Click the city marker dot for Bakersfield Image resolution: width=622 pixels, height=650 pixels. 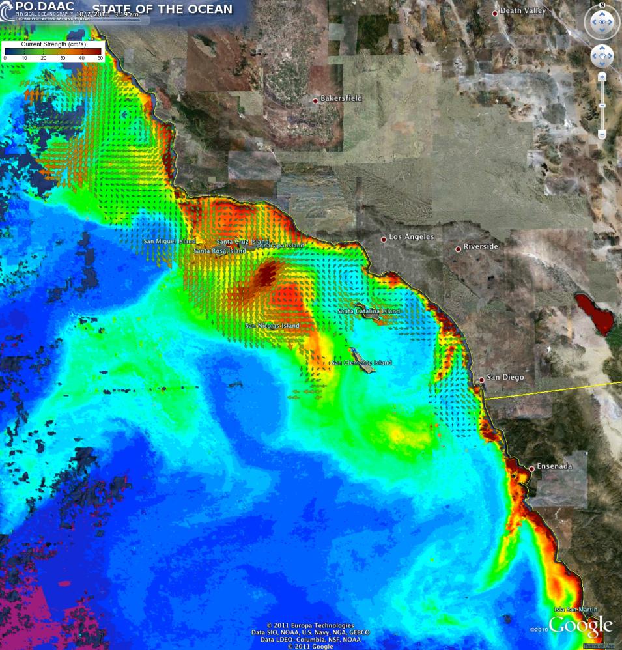tap(315, 100)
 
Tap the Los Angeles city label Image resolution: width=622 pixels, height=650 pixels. tap(411, 237)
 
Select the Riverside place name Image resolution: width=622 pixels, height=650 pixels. tap(481, 247)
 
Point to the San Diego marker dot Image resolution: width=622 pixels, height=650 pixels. tap(481, 379)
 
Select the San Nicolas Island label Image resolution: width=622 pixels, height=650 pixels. tap(272, 326)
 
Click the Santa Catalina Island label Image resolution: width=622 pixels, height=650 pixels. tap(369, 311)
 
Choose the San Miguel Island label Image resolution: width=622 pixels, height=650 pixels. tap(169, 241)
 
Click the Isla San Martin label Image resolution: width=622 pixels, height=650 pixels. tap(576, 610)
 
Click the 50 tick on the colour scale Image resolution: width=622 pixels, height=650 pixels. tap(100, 58)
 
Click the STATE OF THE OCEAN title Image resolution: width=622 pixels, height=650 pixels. tap(162, 9)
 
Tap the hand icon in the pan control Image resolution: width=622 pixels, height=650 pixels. tap(602, 56)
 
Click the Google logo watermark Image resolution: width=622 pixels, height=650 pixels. tap(581, 627)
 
